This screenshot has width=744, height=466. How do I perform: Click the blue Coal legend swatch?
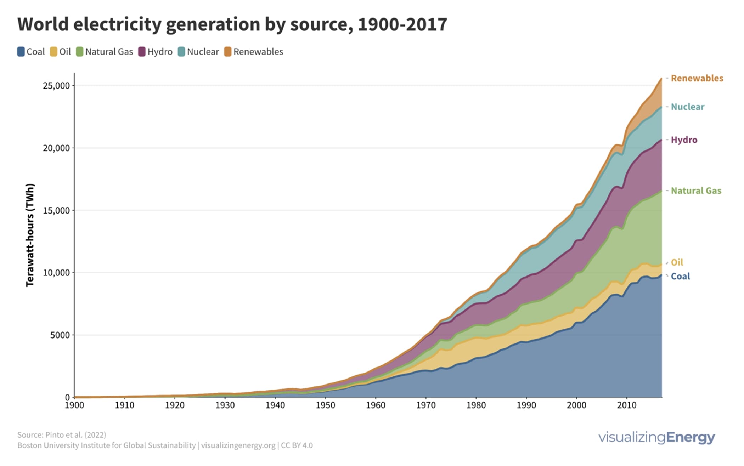pyautogui.click(x=21, y=52)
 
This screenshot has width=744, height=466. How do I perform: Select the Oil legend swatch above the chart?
pyautogui.click(x=53, y=52)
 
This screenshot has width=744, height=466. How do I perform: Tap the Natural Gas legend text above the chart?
pyautogui.click(x=109, y=52)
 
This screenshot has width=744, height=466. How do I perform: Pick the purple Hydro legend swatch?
pyautogui.click(x=142, y=52)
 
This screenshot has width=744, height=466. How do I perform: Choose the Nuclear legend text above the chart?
pyautogui.click(x=203, y=52)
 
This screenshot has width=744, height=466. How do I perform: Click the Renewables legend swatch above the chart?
pyautogui.click(x=227, y=52)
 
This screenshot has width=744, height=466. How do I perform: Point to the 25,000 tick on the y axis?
pyautogui.click(x=56, y=86)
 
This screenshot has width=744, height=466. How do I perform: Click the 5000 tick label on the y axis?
pyautogui.click(x=60, y=335)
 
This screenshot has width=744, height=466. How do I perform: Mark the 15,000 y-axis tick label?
pyautogui.click(x=56, y=210)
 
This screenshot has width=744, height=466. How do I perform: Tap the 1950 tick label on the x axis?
pyautogui.click(x=325, y=405)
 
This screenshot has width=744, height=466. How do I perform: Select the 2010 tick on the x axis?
pyautogui.click(x=627, y=405)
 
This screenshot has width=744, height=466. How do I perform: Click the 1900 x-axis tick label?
pyautogui.click(x=74, y=405)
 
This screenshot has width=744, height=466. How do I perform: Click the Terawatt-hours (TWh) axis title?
pyautogui.click(x=30, y=235)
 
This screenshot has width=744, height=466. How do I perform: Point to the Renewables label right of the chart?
pyautogui.click(x=697, y=78)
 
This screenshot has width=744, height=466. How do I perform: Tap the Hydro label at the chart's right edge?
pyautogui.click(x=684, y=140)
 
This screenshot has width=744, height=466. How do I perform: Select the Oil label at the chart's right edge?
pyautogui.click(x=677, y=262)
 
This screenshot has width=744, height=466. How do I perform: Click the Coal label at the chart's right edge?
pyautogui.click(x=680, y=276)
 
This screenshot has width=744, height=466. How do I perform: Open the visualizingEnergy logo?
pyautogui.click(x=656, y=437)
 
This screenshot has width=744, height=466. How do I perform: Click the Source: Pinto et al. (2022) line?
pyautogui.click(x=62, y=435)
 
